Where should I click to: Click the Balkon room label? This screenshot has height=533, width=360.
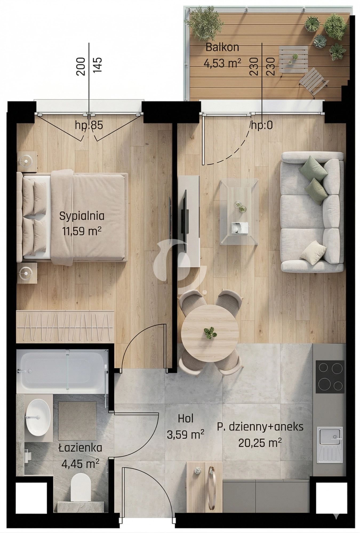click(222, 47)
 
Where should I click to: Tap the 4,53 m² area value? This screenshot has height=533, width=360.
click(222, 63)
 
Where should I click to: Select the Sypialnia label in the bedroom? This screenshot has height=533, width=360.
click(82, 216)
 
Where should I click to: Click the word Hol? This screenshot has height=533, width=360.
click(186, 419)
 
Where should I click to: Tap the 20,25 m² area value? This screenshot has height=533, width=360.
click(260, 443)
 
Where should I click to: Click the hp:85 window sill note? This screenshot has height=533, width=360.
click(89, 125)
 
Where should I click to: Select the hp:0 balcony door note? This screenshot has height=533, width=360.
click(262, 125)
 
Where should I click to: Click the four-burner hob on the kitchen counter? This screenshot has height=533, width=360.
click(330, 377)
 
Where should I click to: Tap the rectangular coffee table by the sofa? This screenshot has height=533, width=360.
click(239, 212)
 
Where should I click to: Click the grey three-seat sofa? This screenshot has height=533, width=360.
click(312, 212)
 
